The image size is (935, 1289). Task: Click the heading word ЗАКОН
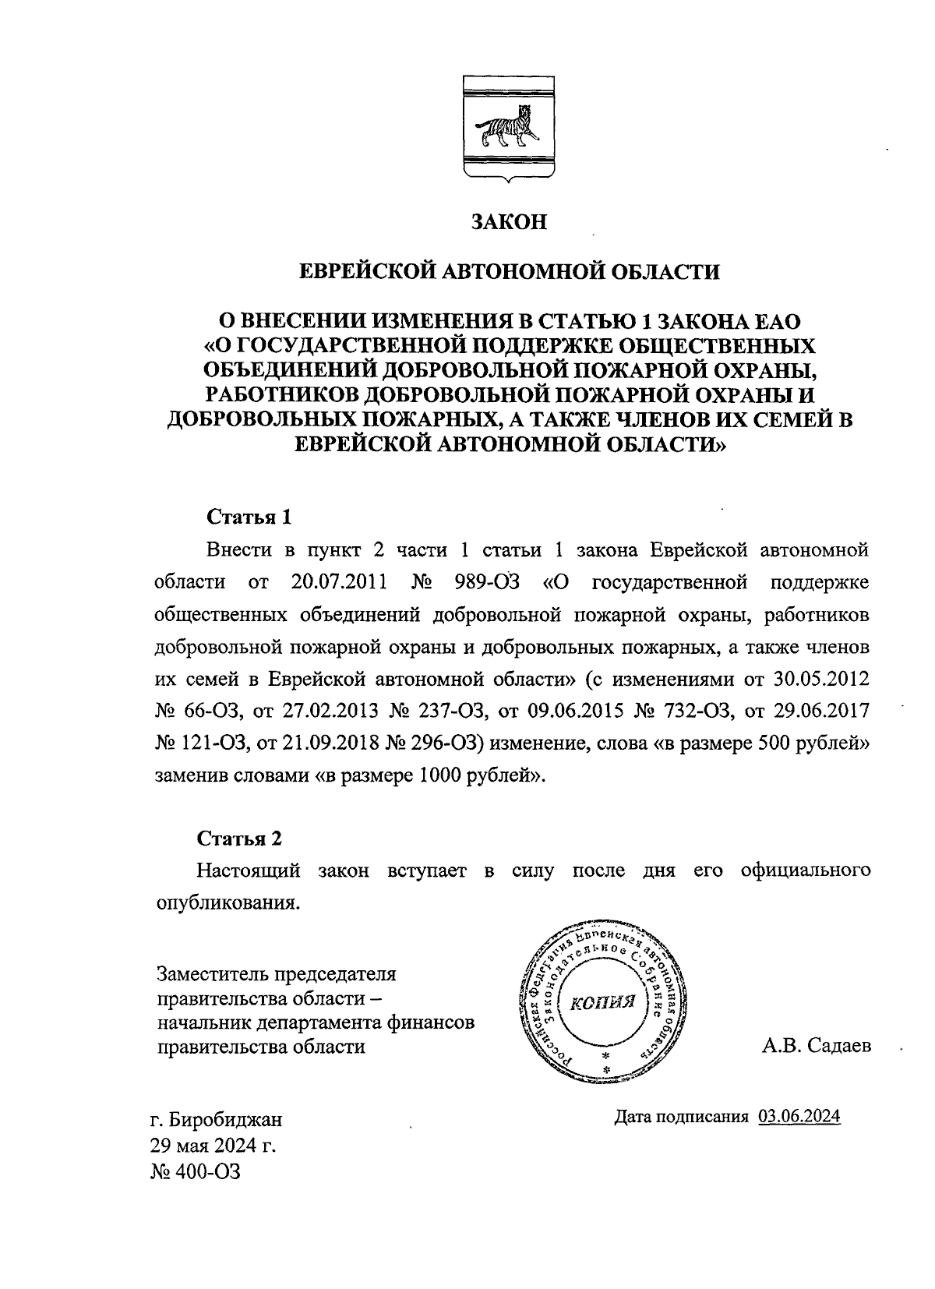click(x=510, y=222)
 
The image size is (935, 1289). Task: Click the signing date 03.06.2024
click(x=799, y=1117)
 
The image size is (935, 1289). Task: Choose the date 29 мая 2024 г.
click(x=213, y=1146)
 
